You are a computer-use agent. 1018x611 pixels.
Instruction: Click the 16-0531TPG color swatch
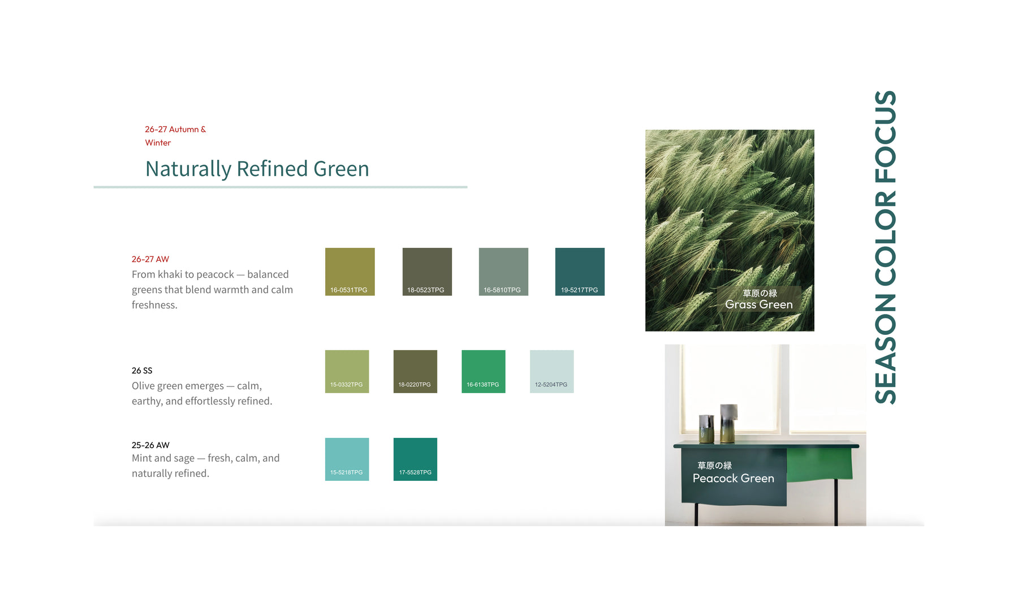350,272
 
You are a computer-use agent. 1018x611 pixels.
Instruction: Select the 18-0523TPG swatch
427,272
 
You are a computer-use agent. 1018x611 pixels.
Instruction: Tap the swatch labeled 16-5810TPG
503,272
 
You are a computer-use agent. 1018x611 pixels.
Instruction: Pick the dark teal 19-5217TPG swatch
580,272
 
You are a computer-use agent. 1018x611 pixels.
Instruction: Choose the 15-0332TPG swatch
347,372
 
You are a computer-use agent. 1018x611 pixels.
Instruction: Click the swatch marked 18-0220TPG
415,372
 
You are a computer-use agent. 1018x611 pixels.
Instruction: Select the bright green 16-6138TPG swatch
484,372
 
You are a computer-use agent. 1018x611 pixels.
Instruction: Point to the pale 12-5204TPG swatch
551,372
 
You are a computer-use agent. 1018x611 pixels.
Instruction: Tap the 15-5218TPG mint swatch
347,459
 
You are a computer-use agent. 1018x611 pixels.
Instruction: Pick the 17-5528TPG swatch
415,459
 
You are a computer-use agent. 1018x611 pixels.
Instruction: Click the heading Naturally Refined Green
257,169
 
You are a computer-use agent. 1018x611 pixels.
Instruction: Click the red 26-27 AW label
150,259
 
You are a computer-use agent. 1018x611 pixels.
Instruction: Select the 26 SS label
142,371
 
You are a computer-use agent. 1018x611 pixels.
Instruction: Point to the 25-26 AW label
150,445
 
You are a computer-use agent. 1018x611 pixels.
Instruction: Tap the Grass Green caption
759,304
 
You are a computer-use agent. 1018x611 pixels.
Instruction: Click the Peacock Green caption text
734,478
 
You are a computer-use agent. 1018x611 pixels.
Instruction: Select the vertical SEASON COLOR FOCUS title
886,247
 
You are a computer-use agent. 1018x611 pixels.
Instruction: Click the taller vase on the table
728,423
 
